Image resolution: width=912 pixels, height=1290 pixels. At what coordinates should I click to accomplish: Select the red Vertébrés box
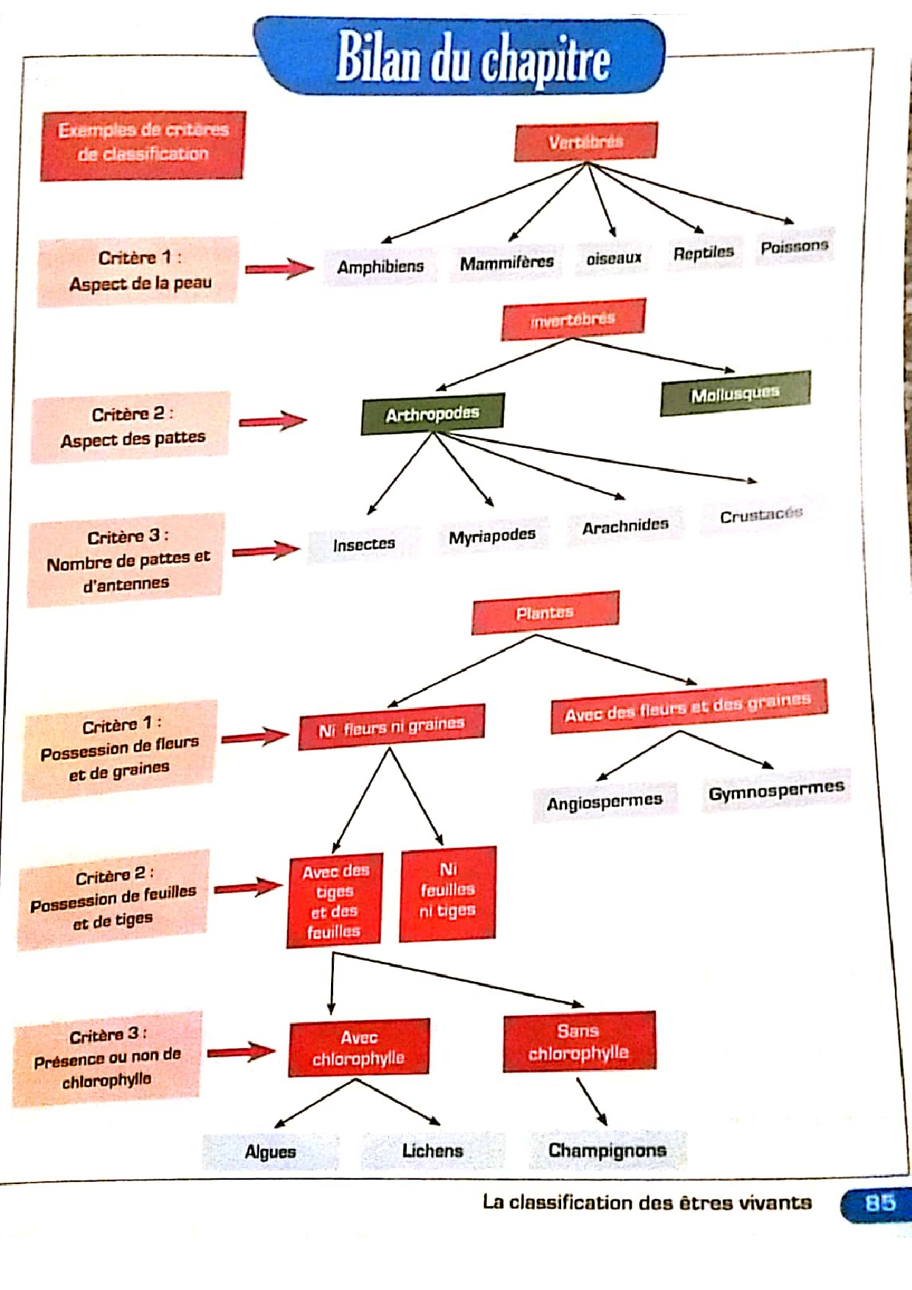585,142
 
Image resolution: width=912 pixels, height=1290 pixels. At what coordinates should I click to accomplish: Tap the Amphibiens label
380,266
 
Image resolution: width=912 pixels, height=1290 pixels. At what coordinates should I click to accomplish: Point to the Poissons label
794,247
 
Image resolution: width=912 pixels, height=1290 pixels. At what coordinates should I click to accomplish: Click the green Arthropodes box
432,414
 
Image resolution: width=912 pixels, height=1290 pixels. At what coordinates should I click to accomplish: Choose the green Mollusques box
735,394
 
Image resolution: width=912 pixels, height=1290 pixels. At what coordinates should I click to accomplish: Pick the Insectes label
364,545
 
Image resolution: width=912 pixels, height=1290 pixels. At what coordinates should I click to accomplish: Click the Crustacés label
761,516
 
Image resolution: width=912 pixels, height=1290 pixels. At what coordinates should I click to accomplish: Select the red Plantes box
545,613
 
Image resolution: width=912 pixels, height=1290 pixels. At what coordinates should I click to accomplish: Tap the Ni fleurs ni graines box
391,727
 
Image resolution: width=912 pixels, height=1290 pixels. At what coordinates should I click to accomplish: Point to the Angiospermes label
604,802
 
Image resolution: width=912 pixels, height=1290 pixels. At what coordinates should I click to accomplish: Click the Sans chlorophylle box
579,1042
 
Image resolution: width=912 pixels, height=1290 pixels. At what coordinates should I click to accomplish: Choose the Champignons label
608,1150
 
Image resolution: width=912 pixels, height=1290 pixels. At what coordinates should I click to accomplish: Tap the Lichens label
432,1151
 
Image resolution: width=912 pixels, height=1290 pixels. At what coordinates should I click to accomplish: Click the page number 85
880,1204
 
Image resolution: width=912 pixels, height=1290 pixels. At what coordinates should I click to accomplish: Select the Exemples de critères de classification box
143,144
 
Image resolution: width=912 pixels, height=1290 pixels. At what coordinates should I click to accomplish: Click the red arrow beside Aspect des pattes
272,421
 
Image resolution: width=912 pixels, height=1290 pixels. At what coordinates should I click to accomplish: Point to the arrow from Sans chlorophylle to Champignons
591,1101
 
